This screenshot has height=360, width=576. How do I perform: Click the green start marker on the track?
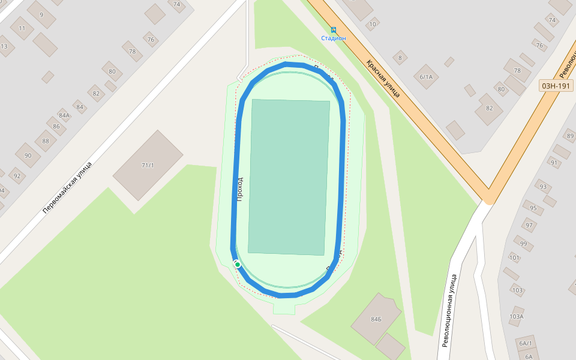point(238,265)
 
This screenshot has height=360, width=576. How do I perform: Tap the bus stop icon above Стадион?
point(334,30)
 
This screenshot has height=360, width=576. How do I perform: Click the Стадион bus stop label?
point(334,38)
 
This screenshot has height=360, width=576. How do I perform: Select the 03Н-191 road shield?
point(556,86)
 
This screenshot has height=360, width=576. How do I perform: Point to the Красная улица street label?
point(383,78)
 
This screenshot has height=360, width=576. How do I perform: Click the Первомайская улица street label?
point(67,187)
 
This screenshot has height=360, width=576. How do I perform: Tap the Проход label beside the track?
point(240,188)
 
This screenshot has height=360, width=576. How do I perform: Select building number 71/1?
point(148,165)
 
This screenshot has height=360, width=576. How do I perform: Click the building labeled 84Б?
point(376,319)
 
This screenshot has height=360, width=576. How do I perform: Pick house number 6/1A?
point(426,77)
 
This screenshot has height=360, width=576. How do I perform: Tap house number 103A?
point(516,316)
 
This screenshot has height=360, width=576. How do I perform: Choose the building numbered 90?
point(28,155)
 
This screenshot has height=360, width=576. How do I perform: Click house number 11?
point(22,28)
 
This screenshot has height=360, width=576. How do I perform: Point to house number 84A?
point(64,115)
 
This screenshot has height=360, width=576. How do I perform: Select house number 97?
point(529,226)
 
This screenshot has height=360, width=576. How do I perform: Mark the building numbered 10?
point(373,25)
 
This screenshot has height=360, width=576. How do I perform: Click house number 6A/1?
point(526,343)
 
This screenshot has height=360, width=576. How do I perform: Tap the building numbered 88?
point(46,141)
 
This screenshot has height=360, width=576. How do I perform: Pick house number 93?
point(543,187)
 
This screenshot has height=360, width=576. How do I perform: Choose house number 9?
point(41,14)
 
